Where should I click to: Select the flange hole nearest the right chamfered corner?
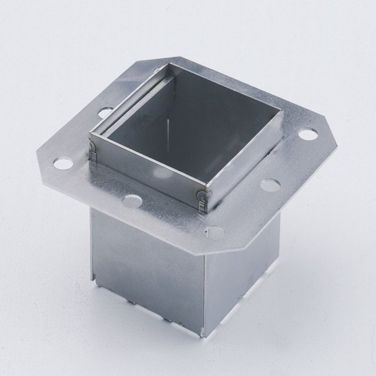307,134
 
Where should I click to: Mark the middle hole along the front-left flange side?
133,202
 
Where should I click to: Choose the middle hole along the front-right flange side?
269,185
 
